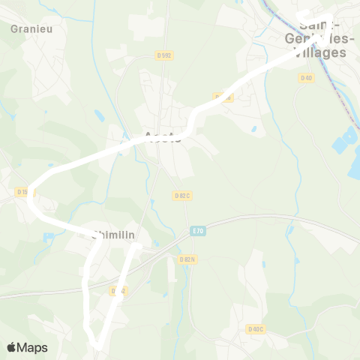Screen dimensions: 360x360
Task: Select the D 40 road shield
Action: (x=305, y=77)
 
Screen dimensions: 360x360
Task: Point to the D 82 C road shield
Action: (x=182, y=196)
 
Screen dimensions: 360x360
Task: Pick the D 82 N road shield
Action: (x=187, y=259)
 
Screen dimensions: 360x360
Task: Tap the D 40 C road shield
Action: (x=256, y=328)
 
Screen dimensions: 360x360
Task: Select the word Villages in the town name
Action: (x=322, y=53)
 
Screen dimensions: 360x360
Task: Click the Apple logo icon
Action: (x=12, y=347)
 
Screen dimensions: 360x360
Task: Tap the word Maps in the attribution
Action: (x=33, y=347)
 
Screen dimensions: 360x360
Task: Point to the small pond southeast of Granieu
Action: (x=100, y=115)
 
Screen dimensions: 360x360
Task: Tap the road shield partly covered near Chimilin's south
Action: (x=118, y=290)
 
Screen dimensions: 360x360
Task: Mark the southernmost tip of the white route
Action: (x=97, y=345)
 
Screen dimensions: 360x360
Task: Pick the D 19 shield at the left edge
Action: (x=22, y=192)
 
